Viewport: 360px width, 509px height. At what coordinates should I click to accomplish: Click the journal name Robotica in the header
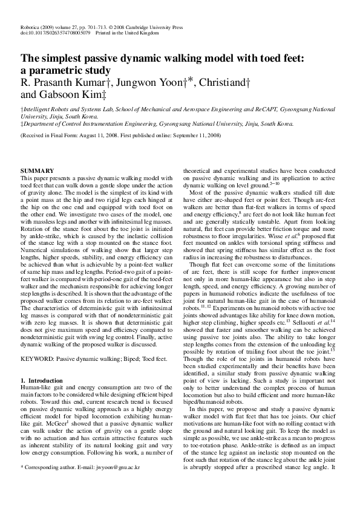click(30, 27)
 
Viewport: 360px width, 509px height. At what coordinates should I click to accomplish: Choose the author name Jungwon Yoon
click(154, 82)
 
